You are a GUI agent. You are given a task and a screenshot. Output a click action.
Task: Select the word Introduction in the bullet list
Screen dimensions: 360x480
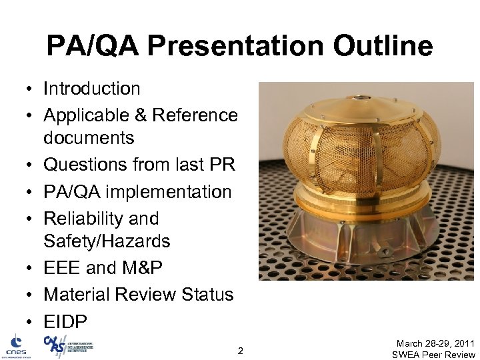pos(92,89)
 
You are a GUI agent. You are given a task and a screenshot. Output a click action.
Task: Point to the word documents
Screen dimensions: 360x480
pos(89,138)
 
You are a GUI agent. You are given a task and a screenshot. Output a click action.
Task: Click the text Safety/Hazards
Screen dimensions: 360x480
pos(107,241)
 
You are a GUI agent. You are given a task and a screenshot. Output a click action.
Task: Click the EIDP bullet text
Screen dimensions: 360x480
pos(65,322)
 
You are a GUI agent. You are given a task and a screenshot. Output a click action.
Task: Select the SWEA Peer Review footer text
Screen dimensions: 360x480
pos(433,354)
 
